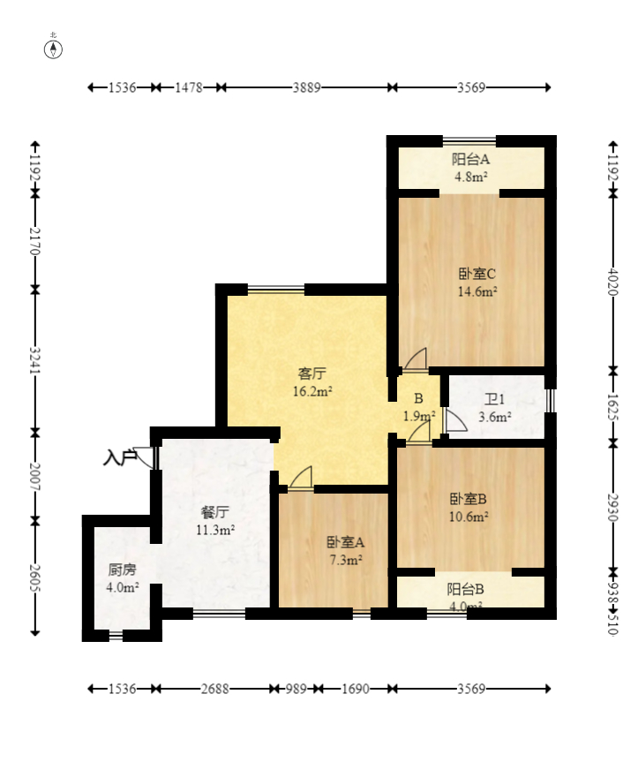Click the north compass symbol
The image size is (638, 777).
pyautogui.click(x=53, y=49)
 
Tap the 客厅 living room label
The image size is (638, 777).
pyautogui.click(x=312, y=373)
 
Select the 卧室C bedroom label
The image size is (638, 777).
pyautogui.click(x=477, y=274)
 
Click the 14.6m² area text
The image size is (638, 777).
pyautogui.click(x=477, y=291)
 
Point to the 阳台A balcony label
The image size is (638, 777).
pyautogui.click(x=470, y=159)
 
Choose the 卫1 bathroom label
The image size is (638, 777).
pyautogui.click(x=494, y=399)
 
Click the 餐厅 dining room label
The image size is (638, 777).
pyautogui.click(x=215, y=512)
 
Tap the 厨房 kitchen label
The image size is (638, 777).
pyautogui.click(x=122, y=570)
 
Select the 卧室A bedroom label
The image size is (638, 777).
pyautogui.click(x=345, y=542)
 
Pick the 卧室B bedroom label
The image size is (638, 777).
pyautogui.click(x=468, y=499)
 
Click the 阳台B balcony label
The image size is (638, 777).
pyautogui.click(x=465, y=589)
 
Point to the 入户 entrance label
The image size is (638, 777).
pyautogui.click(x=120, y=457)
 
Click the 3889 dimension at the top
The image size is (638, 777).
pyautogui.click(x=306, y=87)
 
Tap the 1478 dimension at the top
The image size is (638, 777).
pyautogui.click(x=189, y=87)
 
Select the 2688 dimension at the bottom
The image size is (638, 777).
pyautogui.click(x=215, y=689)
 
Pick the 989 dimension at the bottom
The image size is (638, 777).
pyautogui.click(x=296, y=689)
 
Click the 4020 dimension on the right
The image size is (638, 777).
pyautogui.click(x=613, y=282)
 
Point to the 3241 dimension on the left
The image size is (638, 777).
pyautogui.click(x=34, y=361)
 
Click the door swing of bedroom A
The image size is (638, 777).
pyautogui.click(x=301, y=478)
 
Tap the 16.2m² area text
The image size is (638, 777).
pyautogui.click(x=312, y=391)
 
